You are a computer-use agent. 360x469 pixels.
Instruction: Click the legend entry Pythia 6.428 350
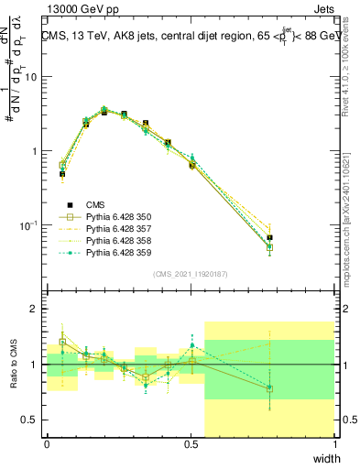(111, 217)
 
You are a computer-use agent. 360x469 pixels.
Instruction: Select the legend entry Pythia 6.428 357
(111, 229)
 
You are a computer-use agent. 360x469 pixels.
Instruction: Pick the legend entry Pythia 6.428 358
(111, 241)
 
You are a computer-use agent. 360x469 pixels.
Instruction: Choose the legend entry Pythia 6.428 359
(111, 253)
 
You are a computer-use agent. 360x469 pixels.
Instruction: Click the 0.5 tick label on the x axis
(191, 444)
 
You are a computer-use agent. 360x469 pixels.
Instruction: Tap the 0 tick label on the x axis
(47, 444)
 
